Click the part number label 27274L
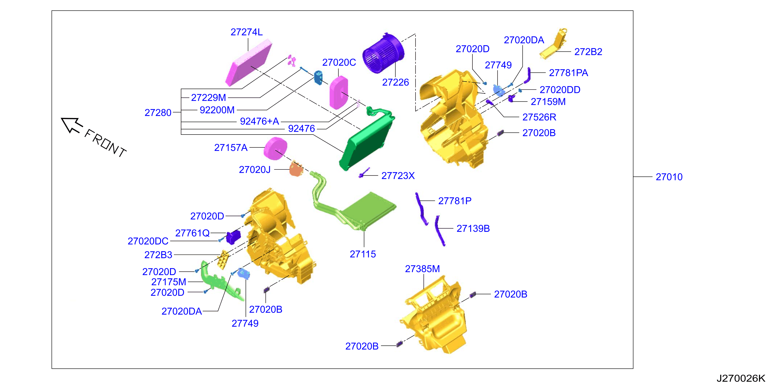(x=247, y=32)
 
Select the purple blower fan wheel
(x=383, y=53)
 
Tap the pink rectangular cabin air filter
(x=249, y=63)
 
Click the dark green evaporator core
(x=367, y=140)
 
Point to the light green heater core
(x=368, y=210)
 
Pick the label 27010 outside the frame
(x=669, y=177)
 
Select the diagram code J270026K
(x=741, y=378)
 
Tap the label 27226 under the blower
(x=395, y=82)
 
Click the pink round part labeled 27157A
(x=276, y=149)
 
